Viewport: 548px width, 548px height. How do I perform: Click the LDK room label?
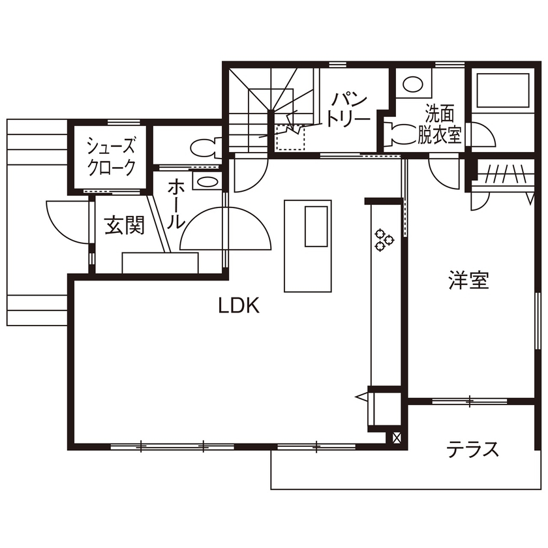point(239,305)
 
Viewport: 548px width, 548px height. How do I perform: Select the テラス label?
point(473,449)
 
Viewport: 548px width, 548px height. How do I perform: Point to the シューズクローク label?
point(112,157)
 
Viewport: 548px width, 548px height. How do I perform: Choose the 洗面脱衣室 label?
point(439,125)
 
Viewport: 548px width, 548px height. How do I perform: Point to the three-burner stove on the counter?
point(383,239)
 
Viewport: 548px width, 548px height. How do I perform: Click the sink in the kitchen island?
point(316,226)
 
